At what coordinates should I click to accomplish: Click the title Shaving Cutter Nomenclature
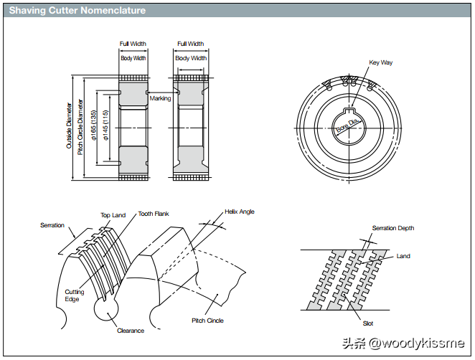pyautogui.click(x=77, y=11)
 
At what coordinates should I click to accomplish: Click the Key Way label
pyautogui.click(x=381, y=62)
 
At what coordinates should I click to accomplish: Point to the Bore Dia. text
pyautogui.click(x=346, y=128)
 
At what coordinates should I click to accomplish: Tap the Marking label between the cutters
pyautogui.click(x=160, y=98)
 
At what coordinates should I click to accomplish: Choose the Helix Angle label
pyautogui.click(x=240, y=212)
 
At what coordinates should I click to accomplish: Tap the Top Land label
pyautogui.click(x=113, y=215)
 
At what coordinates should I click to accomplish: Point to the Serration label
pyautogui.click(x=52, y=225)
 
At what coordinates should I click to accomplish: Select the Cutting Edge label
pyautogui.click(x=75, y=295)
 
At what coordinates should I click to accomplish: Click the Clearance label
pyautogui.click(x=131, y=331)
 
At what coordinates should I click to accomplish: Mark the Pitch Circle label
pyautogui.click(x=207, y=321)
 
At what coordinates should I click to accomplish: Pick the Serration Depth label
pyautogui.click(x=392, y=228)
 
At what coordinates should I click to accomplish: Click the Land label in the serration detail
pyautogui.click(x=403, y=256)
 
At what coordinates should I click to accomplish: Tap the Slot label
pyautogui.click(x=368, y=324)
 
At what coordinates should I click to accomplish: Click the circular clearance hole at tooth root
pyautogui.click(x=105, y=309)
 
